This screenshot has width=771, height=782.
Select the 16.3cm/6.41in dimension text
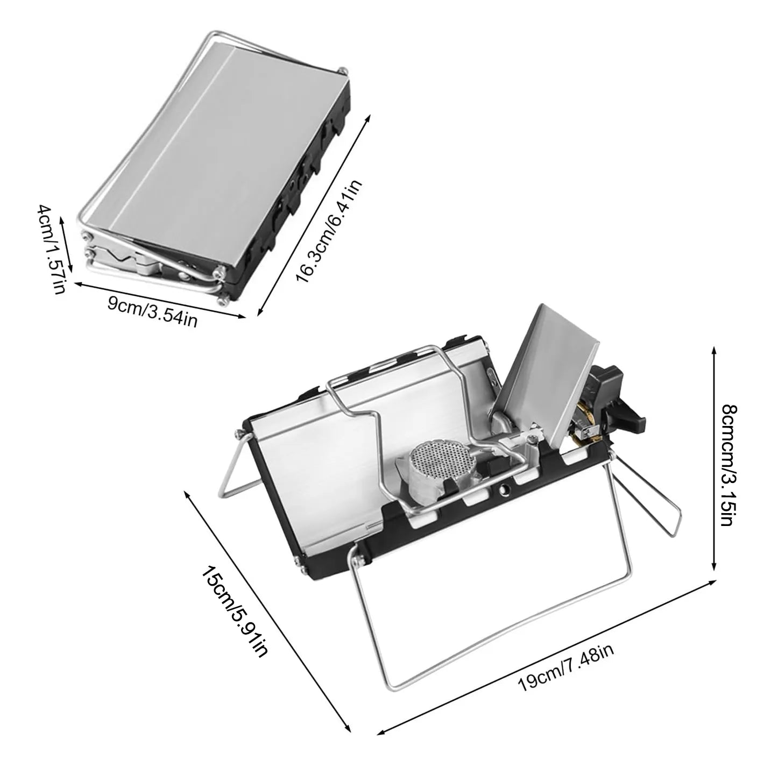[329, 232]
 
